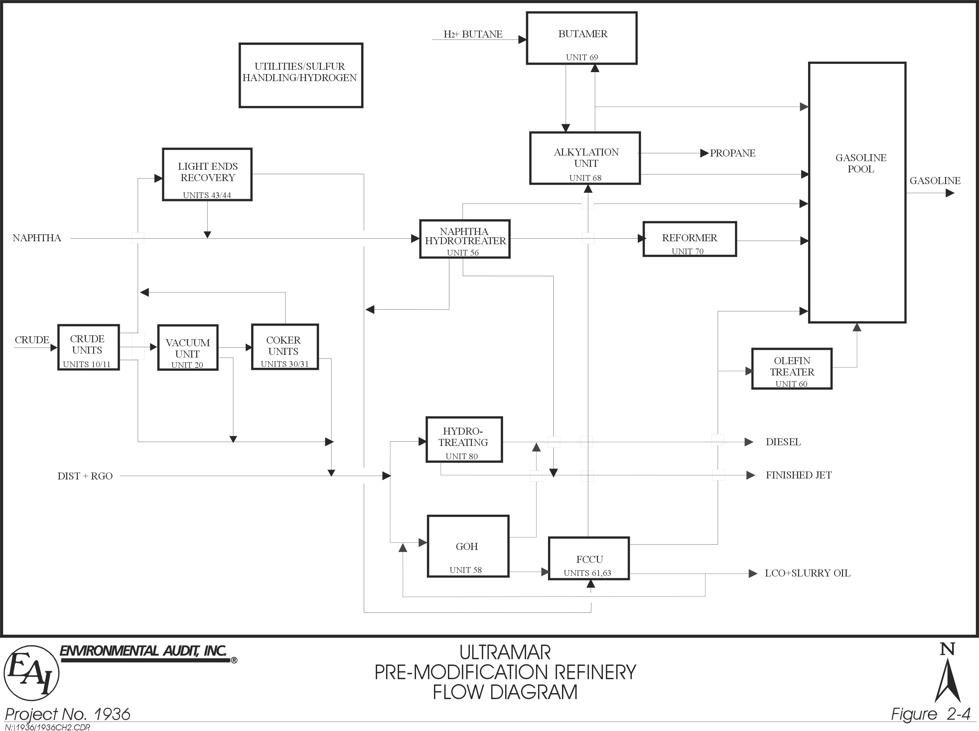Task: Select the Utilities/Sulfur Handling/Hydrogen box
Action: tap(301, 75)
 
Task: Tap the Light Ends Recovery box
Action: tap(207, 174)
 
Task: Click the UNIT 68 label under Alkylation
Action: tap(585, 178)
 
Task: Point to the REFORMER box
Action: tap(689, 239)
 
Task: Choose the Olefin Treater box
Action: tap(791, 368)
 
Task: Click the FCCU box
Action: tap(589, 558)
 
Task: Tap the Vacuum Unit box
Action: tap(188, 348)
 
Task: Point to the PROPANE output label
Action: tap(733, 153)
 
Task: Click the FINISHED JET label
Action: tap(798, 475)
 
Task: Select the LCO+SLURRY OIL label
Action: tap(807, 573)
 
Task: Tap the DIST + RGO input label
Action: tap(85, 476)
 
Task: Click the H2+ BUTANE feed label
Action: tap(473, 34)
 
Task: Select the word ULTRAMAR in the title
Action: tap(505, 653)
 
